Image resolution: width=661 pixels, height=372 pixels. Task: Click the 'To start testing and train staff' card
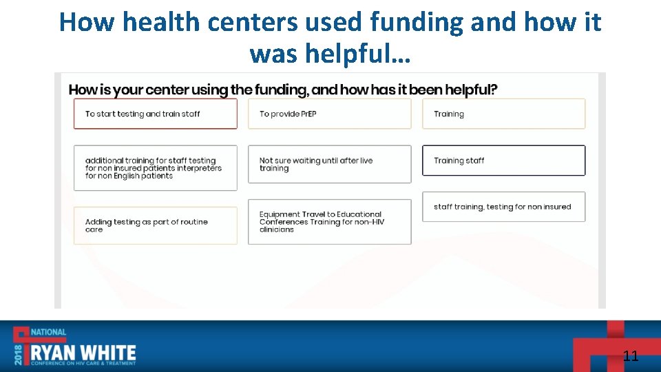coord(155,114)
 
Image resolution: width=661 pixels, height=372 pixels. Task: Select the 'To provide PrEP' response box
coord(329,114)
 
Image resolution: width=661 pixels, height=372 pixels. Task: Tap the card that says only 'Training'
coord(503,114)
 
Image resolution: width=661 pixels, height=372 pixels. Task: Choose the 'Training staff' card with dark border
coord(503,161)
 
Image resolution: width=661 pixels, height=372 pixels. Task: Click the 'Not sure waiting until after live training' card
coord(329,164)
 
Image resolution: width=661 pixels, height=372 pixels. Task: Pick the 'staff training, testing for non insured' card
coord(503,207)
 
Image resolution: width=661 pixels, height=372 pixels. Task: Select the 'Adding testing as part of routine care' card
coord(155,225)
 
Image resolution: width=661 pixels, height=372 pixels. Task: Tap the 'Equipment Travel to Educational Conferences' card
coord(329,222)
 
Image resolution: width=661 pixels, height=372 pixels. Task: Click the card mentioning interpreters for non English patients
coord(155,168)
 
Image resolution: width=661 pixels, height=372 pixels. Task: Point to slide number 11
coord(630,356)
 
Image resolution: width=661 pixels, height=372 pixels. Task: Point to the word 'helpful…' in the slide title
coord(365,52)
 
